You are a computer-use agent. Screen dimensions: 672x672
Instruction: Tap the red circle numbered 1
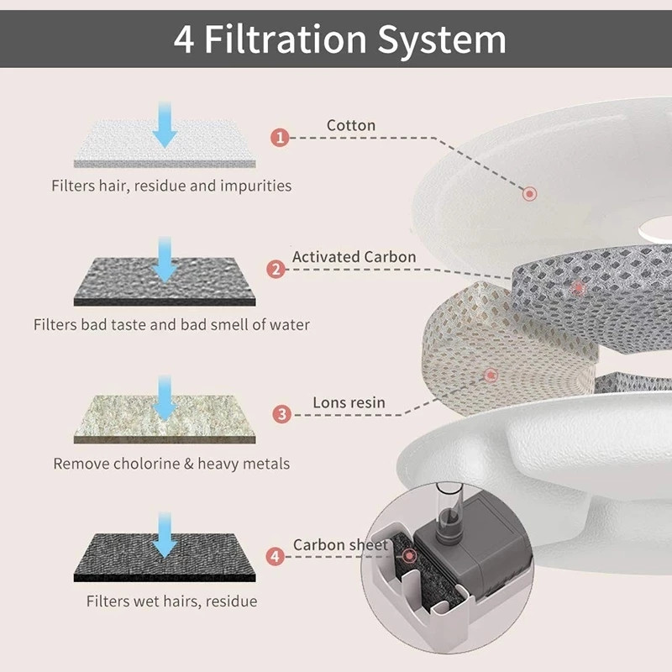(x=281, y=137)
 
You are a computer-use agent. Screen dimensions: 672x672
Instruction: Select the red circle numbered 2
(x=276, y=270)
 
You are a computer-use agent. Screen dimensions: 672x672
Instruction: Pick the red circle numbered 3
(x=282, y=413)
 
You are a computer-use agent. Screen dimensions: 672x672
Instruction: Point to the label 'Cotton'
(x=351, y=125)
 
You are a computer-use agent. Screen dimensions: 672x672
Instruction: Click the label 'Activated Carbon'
(x=354, y=257)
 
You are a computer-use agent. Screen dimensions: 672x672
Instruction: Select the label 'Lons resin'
(x=349, y=402)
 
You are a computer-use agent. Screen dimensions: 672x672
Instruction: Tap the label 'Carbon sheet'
(x=340, y=545)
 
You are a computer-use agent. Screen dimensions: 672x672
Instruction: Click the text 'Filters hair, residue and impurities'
(x=171, y=186)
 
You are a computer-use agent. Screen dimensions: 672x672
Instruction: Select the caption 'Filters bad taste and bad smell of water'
(x=171, y=324)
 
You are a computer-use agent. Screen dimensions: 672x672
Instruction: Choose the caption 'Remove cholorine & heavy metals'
(x=171, y=463)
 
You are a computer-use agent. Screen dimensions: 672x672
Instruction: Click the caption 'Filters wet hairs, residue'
(x=171, y=601)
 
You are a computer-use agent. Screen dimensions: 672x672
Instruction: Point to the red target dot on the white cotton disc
(x=529, y=194)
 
